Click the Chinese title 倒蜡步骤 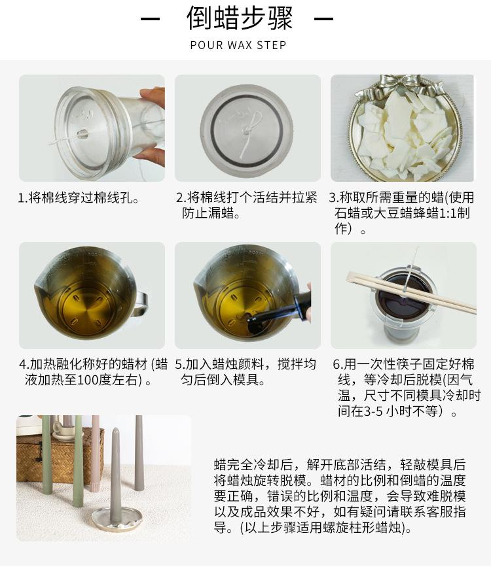click(x=240, y=18)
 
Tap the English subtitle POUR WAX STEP click(x=238, y=45)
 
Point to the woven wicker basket click(x=59, y=456)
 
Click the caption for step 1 click(x=79, y=198)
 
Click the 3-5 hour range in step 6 click(x=373, y=411)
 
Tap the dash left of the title click(x=151, y=18)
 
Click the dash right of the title click(x=324, y=18)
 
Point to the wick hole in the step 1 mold click(x=82, y=133)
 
